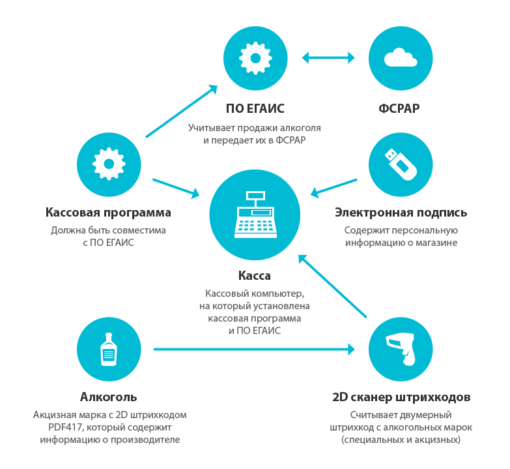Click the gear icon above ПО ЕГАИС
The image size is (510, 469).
pos(255,58)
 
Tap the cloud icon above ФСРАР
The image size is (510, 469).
pos(401,58)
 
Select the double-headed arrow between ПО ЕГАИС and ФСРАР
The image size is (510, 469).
pos(328,58)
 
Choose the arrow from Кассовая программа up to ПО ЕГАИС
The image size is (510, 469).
pos(181,111)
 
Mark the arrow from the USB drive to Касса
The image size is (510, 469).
pos(333,187)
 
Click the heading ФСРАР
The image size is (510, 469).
pos(401,108)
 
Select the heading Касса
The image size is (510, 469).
pos(255,276)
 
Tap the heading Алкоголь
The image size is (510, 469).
pos(109,397)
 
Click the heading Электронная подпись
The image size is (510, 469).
pos(401,213)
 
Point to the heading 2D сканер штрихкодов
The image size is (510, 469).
pos(401,397)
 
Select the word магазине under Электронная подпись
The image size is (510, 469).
pos(436,243)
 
